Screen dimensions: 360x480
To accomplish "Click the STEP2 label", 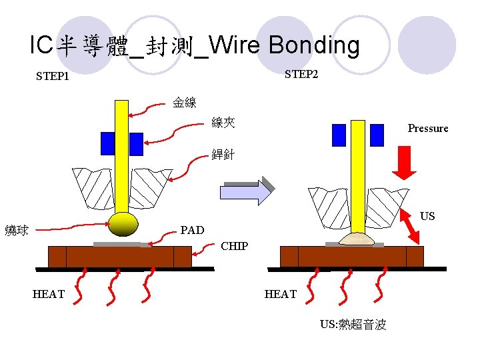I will [301, 74].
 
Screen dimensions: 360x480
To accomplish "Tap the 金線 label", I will [185, 103].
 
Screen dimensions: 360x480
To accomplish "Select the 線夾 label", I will [223, 123].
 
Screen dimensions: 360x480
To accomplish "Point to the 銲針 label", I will [223, 155].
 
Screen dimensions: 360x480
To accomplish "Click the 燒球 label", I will [17, 231].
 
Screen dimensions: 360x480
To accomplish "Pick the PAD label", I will [192, 231].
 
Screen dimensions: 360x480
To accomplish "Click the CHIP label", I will [234, 246].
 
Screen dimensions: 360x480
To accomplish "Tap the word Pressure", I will [428, 128].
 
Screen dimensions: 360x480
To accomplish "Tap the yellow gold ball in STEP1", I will [123, 224].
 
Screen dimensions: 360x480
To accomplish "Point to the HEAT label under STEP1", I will [49, 294].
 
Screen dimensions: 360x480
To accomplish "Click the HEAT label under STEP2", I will [281, 294].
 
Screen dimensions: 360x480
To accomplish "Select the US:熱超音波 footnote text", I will [353, 325].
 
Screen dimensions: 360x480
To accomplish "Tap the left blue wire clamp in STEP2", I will [339, 135].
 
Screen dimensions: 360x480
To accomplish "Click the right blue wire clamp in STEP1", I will [136, 143].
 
